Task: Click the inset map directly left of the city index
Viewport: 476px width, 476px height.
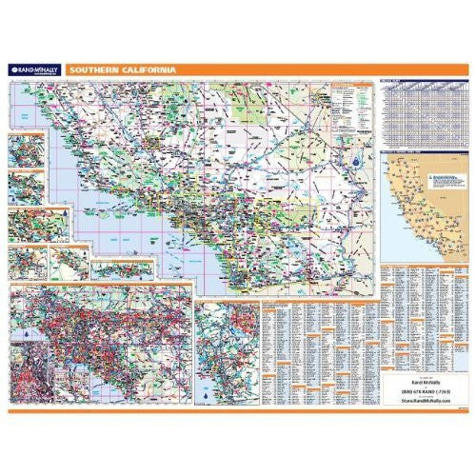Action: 226,351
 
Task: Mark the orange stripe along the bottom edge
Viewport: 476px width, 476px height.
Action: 238,409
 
